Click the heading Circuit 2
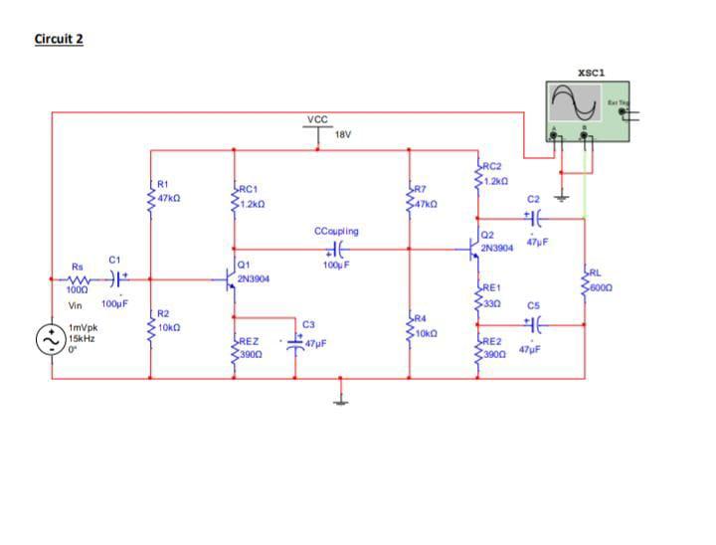(59, 39)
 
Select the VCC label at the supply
(317, 119)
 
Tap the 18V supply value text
(343, 134)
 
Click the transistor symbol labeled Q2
(473, 249)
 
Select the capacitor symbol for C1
(116, 279)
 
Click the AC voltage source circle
(51, 340)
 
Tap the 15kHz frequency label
(81, 338)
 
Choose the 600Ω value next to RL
(601, 287)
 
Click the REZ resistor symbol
(234, 348)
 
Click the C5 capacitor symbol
(534, 324)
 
